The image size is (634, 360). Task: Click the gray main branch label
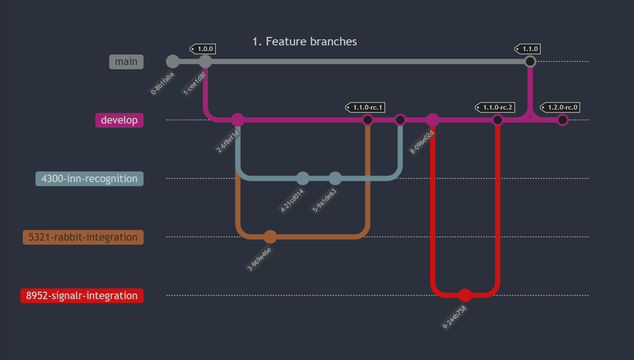pos(126,62)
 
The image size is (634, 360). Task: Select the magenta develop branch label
pos(119,120)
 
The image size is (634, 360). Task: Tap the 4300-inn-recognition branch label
pos(89,179)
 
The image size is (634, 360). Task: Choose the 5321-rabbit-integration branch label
pos(83,237)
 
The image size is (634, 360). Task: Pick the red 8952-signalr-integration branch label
pos(82,296)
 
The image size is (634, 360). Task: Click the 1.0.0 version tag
pos(203,49)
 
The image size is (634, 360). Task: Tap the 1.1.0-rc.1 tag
pos(366,108)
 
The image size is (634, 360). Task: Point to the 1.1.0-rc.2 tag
pos(495,108)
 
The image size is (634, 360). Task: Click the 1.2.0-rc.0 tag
pos(560,108)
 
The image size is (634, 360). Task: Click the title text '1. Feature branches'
pos(304,42)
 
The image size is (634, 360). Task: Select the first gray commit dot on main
pos(173,61)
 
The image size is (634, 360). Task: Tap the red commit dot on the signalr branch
pos(465,295)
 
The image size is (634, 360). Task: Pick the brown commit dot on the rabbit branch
pos(270,237)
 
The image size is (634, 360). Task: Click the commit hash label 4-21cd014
pos(292,201)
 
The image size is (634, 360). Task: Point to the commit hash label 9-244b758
pos(455,318)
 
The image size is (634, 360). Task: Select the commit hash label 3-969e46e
pos(259,259)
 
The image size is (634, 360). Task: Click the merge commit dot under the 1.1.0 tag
pos(530,61)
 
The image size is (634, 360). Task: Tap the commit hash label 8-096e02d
pos(422,142)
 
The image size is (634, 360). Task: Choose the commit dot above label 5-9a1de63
pos(335,178)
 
